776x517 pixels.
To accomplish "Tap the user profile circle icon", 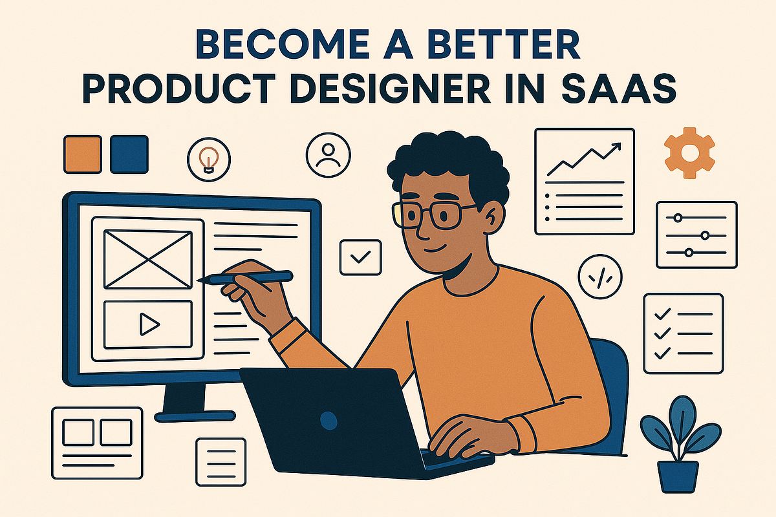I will [x=329, y=154].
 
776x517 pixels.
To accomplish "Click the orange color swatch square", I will [x=83, y=154].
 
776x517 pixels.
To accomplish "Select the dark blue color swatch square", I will [x=129, y=154].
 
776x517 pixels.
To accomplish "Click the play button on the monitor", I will [x=149, y=324].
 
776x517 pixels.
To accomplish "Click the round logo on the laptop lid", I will [x=329, y=422].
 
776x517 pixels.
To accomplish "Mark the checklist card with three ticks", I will [x=683, y=333].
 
